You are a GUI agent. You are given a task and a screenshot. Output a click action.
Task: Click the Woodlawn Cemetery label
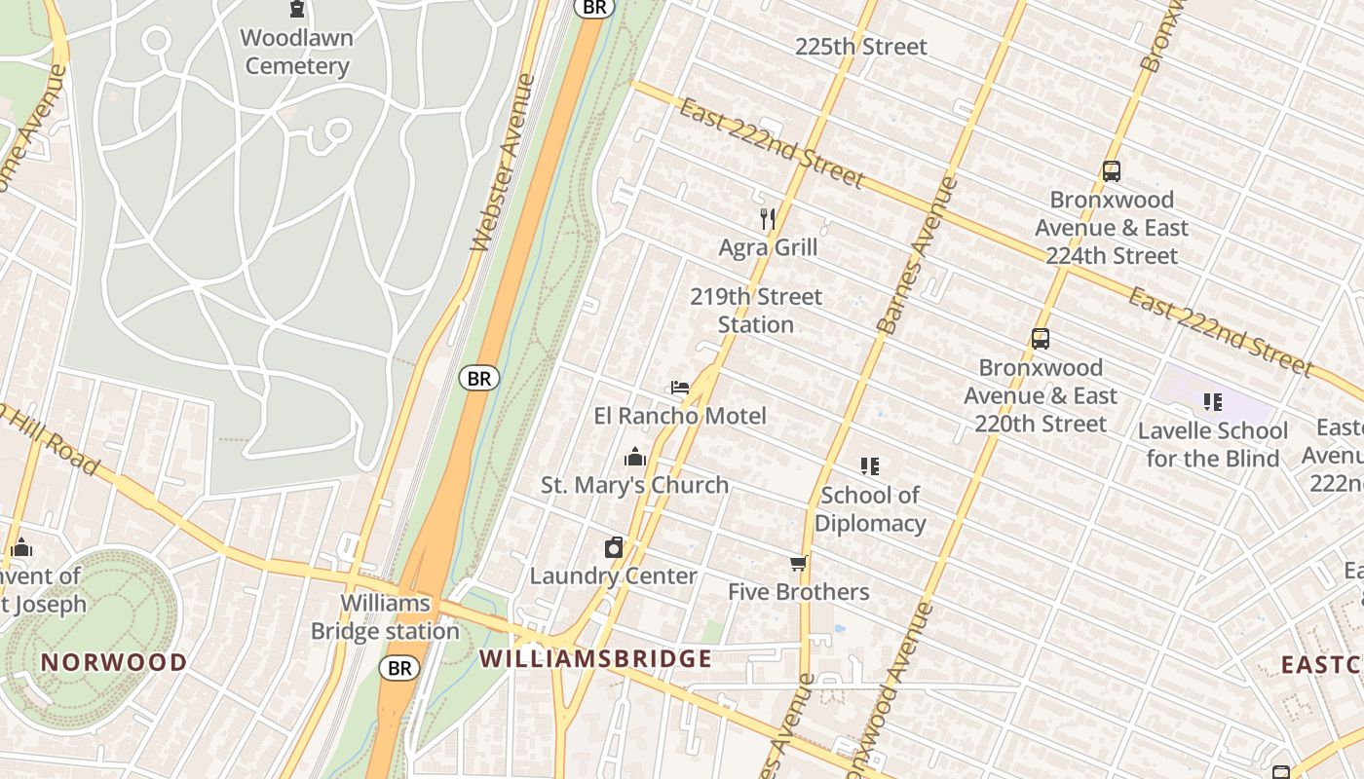[x=297, y=53]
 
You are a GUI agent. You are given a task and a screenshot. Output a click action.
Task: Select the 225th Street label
[x=861, y=47]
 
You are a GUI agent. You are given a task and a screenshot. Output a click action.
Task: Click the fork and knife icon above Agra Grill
[x=768, y=219]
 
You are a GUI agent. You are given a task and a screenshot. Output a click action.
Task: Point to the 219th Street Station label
[x=756, y=311]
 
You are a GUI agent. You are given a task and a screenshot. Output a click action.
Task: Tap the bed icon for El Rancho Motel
[x=680, y=388]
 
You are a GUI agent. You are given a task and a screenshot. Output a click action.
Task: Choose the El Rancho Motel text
[x=680, y=416]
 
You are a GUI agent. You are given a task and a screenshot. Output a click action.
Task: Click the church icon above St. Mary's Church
[x=635, y=457]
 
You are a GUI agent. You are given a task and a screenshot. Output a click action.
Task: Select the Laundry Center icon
[x=614, y=547]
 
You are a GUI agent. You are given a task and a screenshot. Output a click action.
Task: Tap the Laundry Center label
[x=614, y=575]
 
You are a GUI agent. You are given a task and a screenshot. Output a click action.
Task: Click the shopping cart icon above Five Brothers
[x=799, y=564]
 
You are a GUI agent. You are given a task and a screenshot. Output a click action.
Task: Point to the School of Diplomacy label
[x=870, y=509]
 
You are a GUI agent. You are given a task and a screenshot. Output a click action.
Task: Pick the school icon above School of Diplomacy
[x=870, y=466]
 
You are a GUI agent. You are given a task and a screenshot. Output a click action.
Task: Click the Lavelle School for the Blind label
[x=1213, y=444]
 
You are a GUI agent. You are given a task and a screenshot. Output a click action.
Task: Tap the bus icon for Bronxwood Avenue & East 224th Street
[x=1112, y=171]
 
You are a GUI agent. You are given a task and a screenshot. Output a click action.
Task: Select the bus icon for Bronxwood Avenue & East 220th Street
[x=1041, y=340]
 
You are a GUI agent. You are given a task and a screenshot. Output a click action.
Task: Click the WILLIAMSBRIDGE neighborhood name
[x=595, y=658]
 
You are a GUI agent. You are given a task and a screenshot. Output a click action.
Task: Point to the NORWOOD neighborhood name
[x=114, y=662]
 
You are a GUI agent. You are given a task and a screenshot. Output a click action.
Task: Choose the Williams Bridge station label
[x=385, y=617]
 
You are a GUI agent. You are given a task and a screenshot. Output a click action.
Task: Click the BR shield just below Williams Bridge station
[x=399, y=668]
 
